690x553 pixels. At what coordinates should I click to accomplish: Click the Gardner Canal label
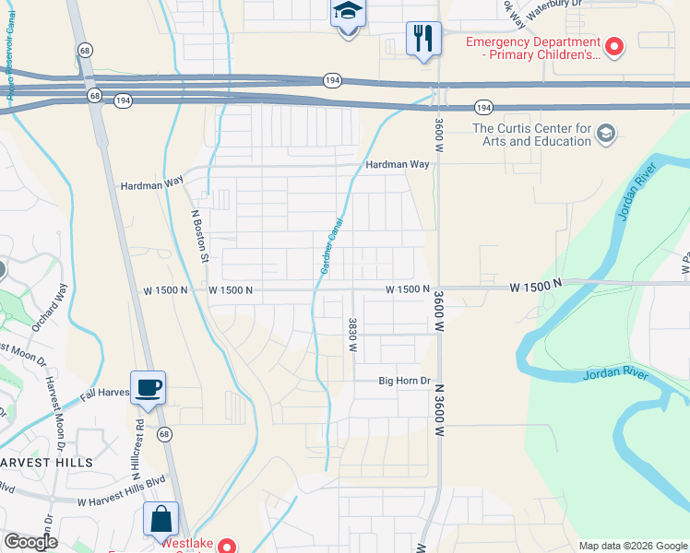[331, 246]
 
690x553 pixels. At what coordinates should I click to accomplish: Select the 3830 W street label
[352, 335]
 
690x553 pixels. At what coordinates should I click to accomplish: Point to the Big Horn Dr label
[405, 381]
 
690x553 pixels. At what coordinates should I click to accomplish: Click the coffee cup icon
[148, 386]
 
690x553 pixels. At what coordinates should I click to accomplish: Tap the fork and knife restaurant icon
[423, 40]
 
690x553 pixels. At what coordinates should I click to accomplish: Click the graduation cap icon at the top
[348, 13]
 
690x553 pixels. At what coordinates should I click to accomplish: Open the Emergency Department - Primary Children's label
[532, 47]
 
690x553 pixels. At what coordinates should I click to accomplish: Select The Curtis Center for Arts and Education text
[531, 135]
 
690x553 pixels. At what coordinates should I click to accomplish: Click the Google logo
[30, 542]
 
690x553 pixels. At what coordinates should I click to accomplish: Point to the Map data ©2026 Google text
[632, 546]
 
